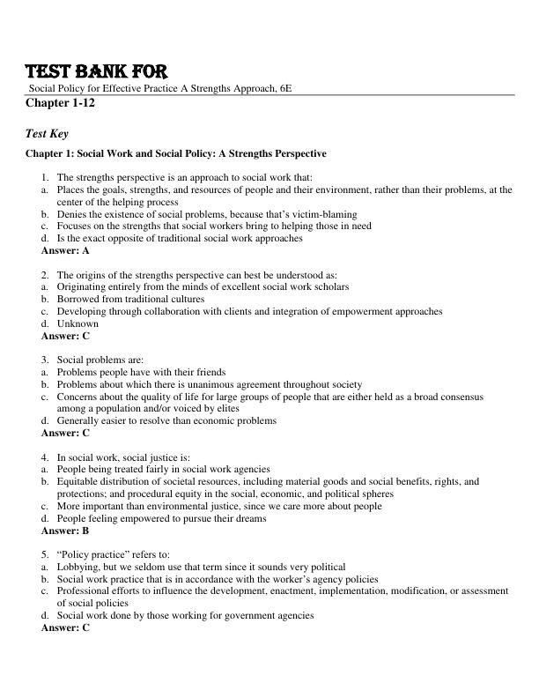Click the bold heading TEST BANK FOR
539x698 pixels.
[95, 71]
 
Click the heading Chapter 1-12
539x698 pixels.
[63, 103]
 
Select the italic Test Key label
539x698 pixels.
[48, 134]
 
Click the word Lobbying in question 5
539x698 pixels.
[78, 567]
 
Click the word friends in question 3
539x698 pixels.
[210, 372]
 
